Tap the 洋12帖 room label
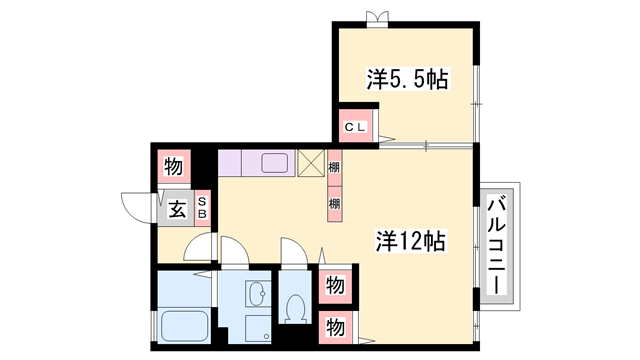(410, 241)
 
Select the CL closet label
(356, 127)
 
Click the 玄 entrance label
(176, 209)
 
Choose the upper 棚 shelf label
(334, 168)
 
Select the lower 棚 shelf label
(334, 203)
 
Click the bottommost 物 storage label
(336, 326)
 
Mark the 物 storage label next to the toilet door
(336, 286)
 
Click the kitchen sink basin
(275, 162)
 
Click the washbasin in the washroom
(256, 297)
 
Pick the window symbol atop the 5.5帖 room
(376, 18)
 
